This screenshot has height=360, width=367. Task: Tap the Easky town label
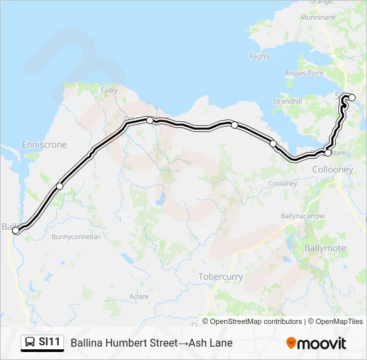(x=109, y=90)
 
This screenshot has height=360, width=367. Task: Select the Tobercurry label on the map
(x=221, y=277)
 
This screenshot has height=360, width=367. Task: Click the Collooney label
(x=332, y=170)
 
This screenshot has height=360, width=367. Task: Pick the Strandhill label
(x=287, y=101)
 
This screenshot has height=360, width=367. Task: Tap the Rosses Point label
(x=304, y=73)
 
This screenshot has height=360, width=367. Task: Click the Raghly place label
(x=260, y=57)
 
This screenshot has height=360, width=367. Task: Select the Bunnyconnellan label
(x=77, y=237)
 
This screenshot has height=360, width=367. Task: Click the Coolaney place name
(x=283, y=183)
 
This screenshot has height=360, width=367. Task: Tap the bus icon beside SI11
(x=30, y=343)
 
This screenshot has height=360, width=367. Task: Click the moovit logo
(x=316, y=343)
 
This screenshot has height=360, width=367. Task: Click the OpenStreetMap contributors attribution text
(x=256, y=321)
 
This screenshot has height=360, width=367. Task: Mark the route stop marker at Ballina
(x=16, y=231)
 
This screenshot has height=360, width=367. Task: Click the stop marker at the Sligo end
(x=352, y=98)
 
